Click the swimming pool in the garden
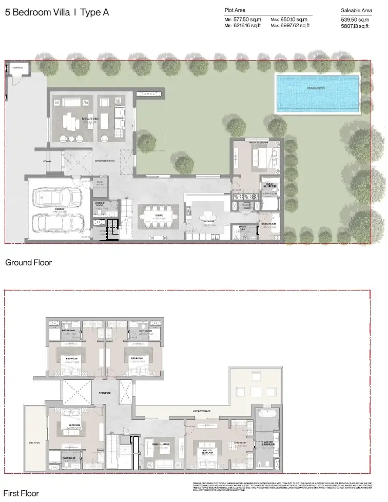pos(317,93)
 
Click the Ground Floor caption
pos(28,262)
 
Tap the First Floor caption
pos(22,494)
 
